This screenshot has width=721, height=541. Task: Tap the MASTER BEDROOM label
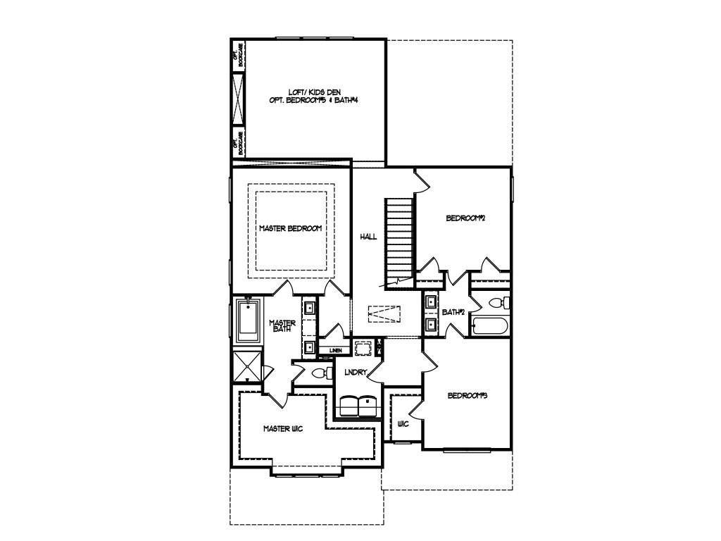(290, 229)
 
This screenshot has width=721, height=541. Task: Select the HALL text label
(369, 237)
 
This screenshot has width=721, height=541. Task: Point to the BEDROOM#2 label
(466, 218)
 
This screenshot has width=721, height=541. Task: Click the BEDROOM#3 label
(468, 396)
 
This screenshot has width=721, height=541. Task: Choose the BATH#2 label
(453, 312)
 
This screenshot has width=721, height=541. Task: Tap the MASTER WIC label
(283, 428)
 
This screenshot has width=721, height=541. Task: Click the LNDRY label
(351, 372)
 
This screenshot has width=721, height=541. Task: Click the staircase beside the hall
(399, 240)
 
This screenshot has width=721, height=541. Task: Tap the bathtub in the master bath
(249, 321)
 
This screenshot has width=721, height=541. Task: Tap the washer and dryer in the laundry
(358, 406)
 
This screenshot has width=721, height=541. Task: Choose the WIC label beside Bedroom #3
(403, 424)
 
